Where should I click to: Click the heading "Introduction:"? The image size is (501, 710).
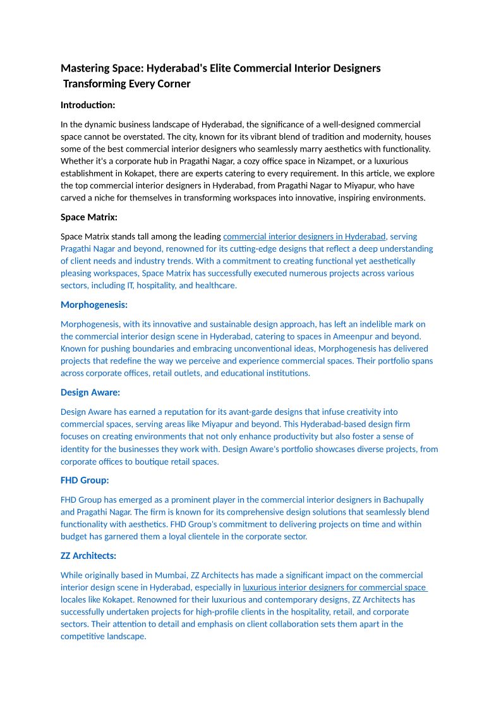pos(88,105)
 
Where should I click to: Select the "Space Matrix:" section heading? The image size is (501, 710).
pos(89,217)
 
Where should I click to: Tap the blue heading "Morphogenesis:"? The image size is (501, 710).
pos(94,305)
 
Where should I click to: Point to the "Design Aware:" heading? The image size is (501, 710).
pos(90,392)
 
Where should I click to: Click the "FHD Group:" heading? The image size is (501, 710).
pos(85,480)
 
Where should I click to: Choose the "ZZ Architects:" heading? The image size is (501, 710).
pos(88,556)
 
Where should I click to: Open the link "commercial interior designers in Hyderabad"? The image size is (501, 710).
pos(305,236)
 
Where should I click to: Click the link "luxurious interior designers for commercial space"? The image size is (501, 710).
pos(334,587)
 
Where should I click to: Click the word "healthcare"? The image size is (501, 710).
pos(216,286)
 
